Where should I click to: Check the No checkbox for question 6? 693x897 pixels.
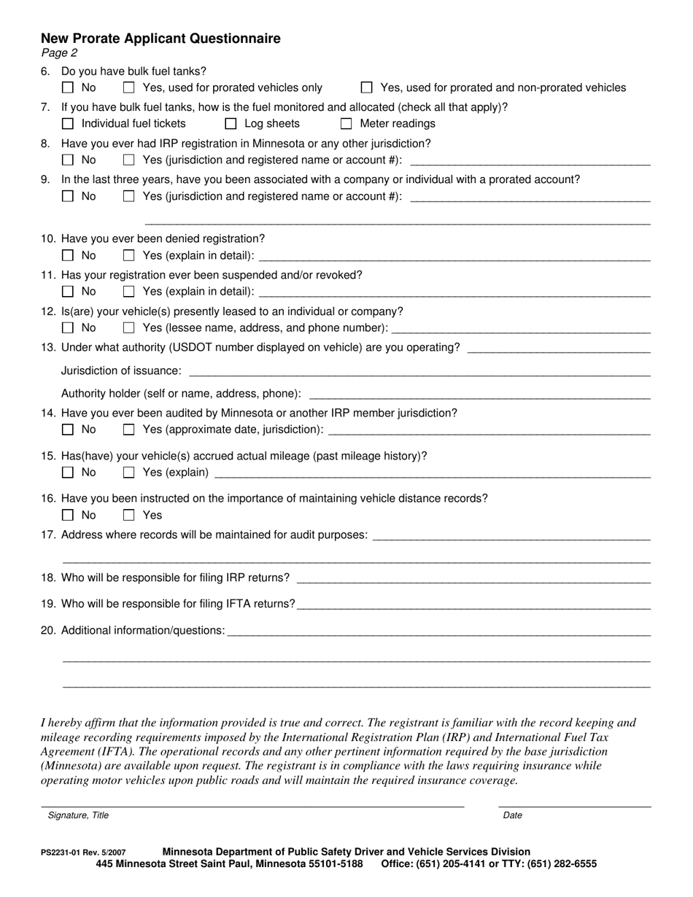(x=68, y=88)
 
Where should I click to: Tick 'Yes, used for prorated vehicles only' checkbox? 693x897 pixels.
(x=129, y=88)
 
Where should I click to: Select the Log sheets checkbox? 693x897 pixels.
(x=231, y=124)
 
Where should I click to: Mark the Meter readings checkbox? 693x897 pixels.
(x=346, y=124)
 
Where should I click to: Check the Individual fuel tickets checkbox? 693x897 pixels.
(x=68, y=124)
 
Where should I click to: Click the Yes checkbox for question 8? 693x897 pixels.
(x=129, y=160)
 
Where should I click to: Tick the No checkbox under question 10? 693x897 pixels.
(x=68, y=255)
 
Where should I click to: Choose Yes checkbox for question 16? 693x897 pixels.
(x=129, y=515)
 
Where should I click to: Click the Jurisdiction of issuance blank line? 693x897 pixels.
(x=419, y=372)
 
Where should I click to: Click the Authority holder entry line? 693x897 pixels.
(x=479, y=395)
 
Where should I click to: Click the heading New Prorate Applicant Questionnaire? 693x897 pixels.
(x=160, y=39)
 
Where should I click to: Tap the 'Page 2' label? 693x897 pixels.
(x=59, y=53)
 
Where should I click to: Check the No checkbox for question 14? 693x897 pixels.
(x=68, y=430)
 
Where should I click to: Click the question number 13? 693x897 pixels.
(x=48, y=347)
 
